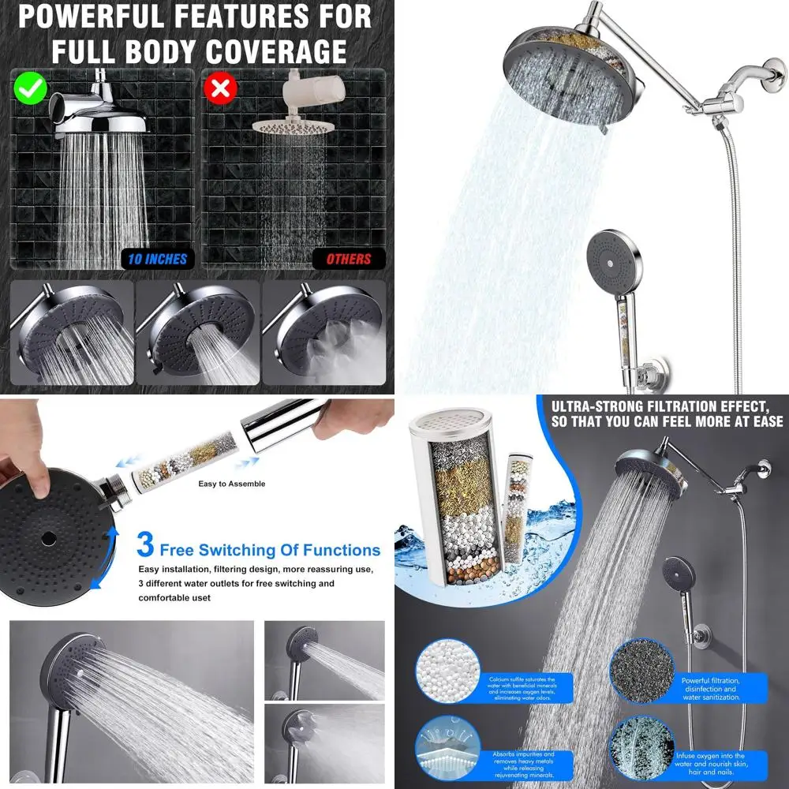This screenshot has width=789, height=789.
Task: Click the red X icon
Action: (221, 88)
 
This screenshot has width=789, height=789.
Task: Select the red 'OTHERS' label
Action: (348, 258)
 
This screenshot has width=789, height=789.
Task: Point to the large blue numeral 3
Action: (145, 545)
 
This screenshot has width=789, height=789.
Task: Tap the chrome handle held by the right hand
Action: (284, 426)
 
